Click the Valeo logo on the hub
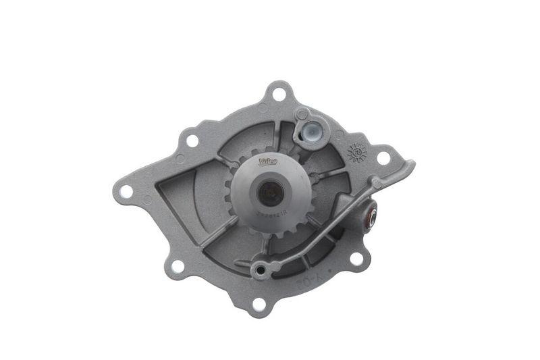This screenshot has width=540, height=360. (x=268, y=162)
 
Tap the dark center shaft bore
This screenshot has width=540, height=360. (x=270, y=195)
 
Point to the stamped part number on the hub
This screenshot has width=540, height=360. (x=271, y=212)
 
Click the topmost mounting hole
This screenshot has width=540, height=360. (x=278, y=95)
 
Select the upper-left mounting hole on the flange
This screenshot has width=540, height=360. (x=192, y=140)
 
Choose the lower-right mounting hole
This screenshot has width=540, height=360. (x=356, y=259)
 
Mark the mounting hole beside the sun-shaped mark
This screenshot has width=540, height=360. (x=383, y=158)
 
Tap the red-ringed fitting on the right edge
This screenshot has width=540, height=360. (x=371, y=217)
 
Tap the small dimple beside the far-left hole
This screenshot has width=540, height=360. (x=147, y=200)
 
